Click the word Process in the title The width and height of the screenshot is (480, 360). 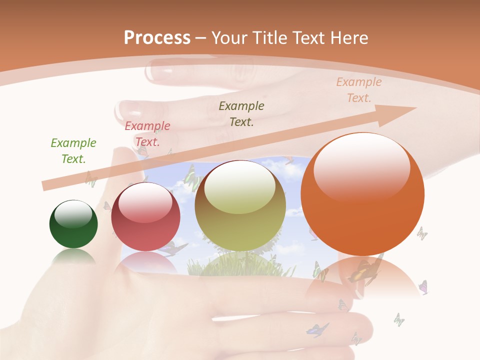pyautogui.click(x=157, y=38)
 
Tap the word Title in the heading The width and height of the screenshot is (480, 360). pyautogui.click(x=268, y=38)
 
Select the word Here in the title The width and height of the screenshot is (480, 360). pyautogui.click(x=348, y=38)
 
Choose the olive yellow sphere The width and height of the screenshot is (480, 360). pyautogui.click(x=240, y=205)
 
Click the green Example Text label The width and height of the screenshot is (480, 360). pyautogui.click(x=73, y=151)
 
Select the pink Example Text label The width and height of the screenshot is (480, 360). pyautogui.click(x=147, y=134)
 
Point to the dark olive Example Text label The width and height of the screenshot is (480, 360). pyautogui.click(x=241, y=113)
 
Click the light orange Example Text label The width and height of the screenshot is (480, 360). pyautogui.click(x=359, y=90)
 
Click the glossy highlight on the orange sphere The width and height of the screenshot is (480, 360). pyautogui.click(x=361, y=167)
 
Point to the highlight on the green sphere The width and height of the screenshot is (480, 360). pyautogui.click(x=73, y=213)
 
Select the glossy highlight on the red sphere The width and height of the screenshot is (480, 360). pyautogui.click(x=145, y=202)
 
